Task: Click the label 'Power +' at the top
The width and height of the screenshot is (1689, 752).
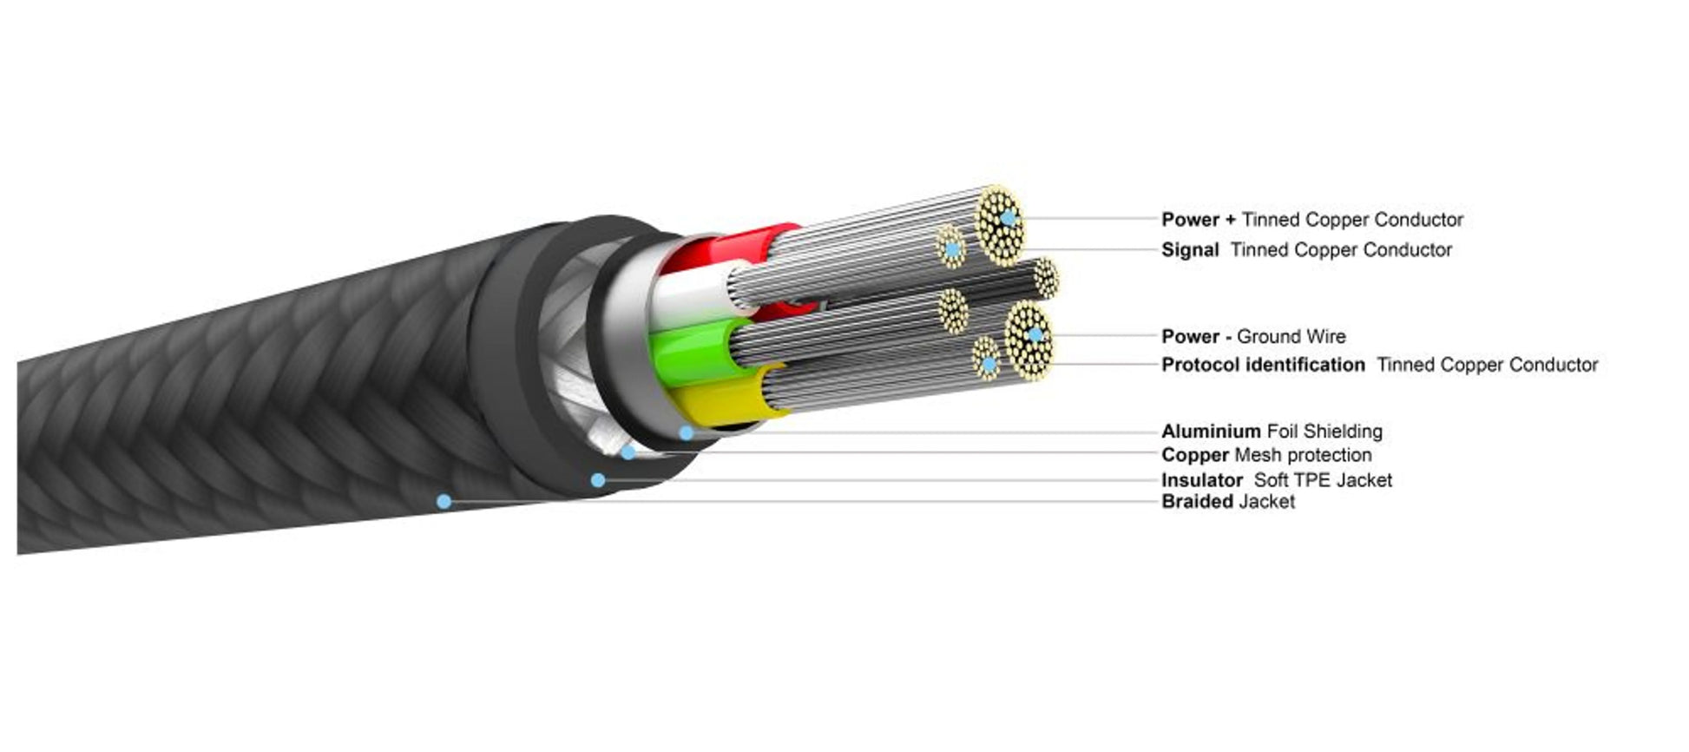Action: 1199,220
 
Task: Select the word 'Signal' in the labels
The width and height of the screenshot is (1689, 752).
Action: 1190,250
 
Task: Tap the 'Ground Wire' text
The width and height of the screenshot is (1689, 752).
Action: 1291,336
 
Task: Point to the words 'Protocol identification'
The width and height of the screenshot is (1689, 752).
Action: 1263,365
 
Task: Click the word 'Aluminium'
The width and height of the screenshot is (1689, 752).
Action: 1211,431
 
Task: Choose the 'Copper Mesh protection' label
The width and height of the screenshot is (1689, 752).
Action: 1266,455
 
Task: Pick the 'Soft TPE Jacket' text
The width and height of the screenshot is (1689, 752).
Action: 1323,480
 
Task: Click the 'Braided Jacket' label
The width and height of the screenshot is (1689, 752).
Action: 1228,501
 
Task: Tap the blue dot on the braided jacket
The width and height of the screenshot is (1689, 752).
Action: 444,501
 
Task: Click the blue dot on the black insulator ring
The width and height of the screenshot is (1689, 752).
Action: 597,480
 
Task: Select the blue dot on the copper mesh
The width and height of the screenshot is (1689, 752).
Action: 628,452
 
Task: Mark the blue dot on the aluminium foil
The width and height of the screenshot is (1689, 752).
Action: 686,432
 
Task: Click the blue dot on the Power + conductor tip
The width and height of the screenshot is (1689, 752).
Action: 1008,219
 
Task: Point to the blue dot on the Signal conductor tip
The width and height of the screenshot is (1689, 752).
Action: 952,249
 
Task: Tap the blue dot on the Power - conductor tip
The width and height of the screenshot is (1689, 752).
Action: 1035,334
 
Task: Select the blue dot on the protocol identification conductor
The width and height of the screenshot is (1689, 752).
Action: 988,364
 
